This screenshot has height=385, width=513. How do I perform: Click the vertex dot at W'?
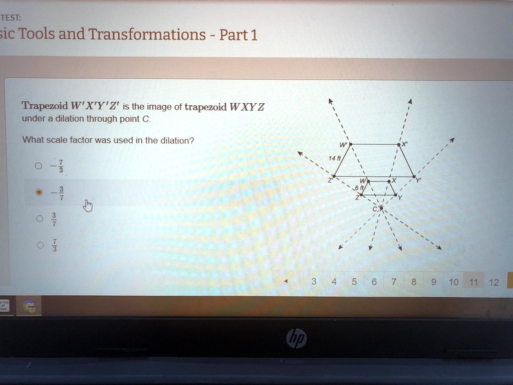[350, 144]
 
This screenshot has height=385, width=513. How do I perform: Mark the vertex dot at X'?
[399, 144]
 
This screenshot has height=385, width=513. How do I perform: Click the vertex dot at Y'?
[414, 176]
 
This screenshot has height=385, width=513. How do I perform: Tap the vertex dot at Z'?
[334, 176]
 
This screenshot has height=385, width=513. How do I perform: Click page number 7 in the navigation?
[394, 282]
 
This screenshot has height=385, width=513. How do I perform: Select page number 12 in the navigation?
[494, 282]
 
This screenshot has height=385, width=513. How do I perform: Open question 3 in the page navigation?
[314, 282]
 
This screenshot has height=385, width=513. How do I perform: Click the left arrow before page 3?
[286, 282]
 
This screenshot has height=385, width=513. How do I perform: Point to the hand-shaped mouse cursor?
[88, 206]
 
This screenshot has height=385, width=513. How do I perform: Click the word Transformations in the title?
[147, 35]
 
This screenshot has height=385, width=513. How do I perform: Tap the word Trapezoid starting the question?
[45, 106]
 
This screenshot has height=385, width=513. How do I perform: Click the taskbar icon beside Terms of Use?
[29, 306]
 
